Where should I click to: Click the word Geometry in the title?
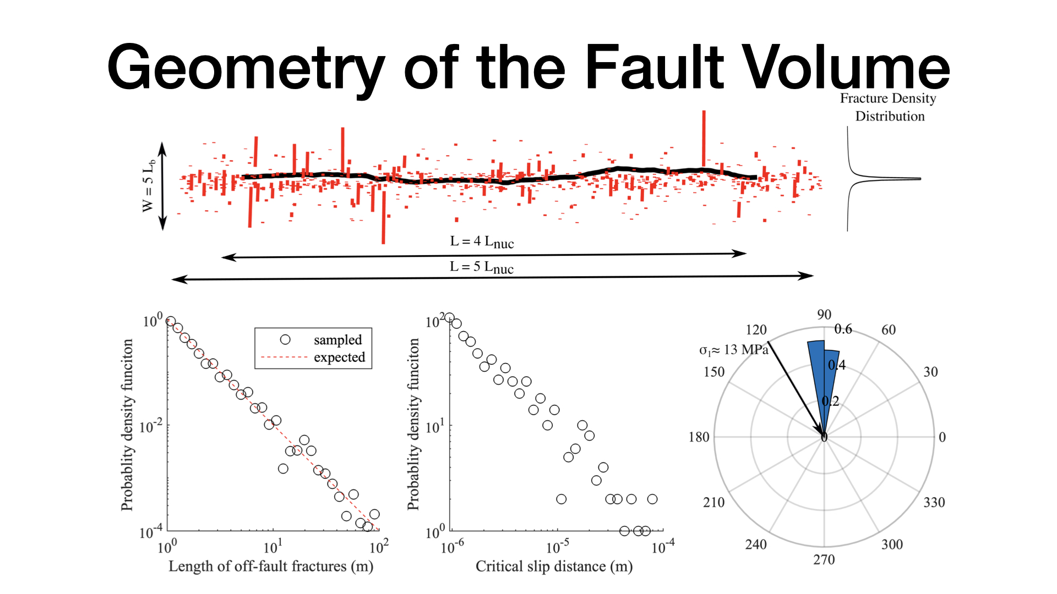pyautogui.click(x=246, y=68)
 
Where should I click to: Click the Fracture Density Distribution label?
pyautogui.click(x=889, y=107)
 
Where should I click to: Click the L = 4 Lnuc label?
pyautogui.click(x=482, y=242)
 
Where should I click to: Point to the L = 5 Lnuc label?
pyautogui.click(x=482, y=267)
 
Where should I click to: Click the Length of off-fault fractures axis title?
pyautogui.click(x=271, y=566)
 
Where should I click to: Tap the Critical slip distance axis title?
pyautogui.click(x=554, y=566)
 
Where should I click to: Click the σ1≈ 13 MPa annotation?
pyautogui.click(x=734, y=350)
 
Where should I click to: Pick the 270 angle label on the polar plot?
pyautogui.click(x=824, y=560)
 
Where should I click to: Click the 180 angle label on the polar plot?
pyautogui.click(x=699, y=437)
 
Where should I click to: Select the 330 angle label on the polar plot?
pyautogui.click(x=934, y=502)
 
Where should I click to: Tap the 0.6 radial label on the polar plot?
pyautogui.click(x=843, y=329)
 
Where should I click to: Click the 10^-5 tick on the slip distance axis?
pyautogui.click(x=557, y=547)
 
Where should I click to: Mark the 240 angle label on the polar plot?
pyautogui.click(x=756, y=544)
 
